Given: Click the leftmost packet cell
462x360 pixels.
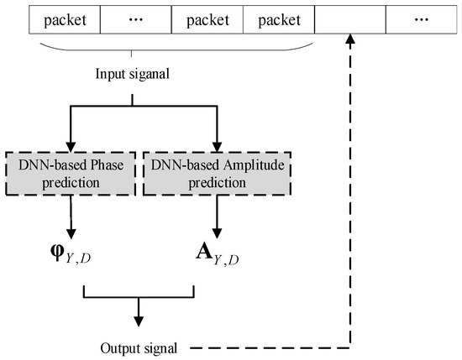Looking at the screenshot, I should point(64,17).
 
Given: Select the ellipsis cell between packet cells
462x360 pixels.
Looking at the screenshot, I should point(135,17).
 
